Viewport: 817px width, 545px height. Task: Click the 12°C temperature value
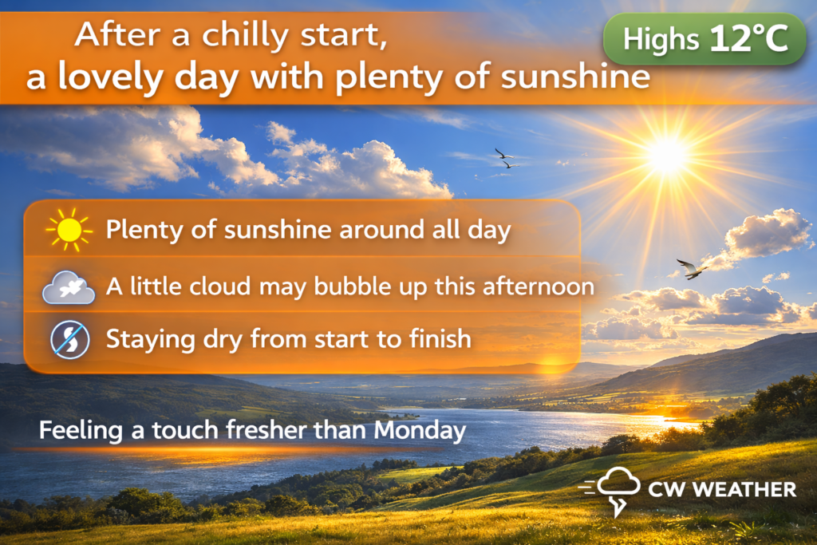(x=748, y=38)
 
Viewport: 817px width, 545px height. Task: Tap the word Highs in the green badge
(x=661, y=40)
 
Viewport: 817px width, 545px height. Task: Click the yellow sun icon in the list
(x=69, y=230)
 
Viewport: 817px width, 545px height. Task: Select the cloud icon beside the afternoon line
(x=69, y=287)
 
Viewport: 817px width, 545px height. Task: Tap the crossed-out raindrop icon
(x=70, y=340)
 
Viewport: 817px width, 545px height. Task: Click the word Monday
(x=420, y=430)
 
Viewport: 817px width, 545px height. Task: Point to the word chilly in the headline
(x=246, y=35)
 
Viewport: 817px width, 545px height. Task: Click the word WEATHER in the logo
(x=744, y=489)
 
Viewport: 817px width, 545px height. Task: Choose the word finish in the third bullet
(x=440, y=338)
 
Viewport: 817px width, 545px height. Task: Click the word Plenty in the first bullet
(x=144, y=230)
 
